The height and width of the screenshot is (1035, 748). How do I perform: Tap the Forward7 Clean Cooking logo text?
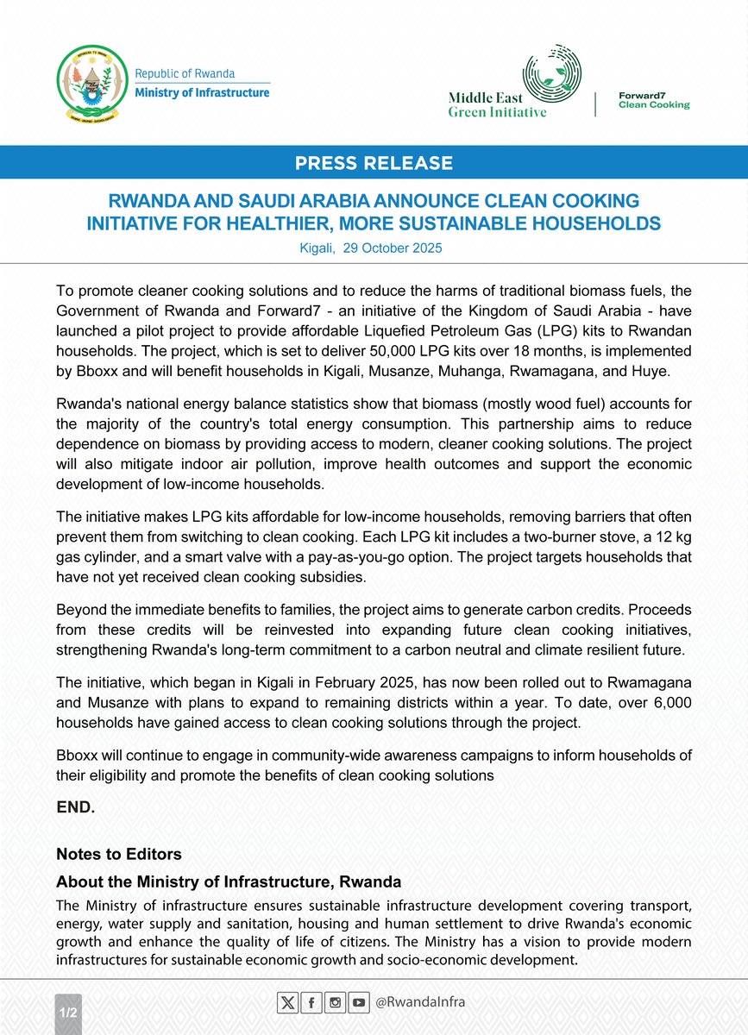click(x=655, y=100)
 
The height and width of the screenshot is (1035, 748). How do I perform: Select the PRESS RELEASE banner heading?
click(x=374, y=162)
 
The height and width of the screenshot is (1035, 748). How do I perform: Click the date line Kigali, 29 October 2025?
click(x=374, y=248)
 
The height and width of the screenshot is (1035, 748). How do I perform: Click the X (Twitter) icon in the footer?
click(x=288, y=1003)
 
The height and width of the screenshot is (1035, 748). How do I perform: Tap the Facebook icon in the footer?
click(x=311, y=1003)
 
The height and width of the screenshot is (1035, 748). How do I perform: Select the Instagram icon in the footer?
click(x=335, y=1003)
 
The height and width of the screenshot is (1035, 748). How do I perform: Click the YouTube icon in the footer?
click(x=358, y=1003)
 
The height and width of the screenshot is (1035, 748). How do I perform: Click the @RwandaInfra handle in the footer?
click(x=419, y=1003)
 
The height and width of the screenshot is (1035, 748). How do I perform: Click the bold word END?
click(x=76, y=809)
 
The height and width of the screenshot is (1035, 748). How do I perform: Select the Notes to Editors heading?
click(x=119, y=854)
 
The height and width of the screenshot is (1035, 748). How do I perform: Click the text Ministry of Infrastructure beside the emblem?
click(x=202, y=92)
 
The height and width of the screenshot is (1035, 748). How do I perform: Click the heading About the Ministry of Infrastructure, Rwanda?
click(x=229, y=882)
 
